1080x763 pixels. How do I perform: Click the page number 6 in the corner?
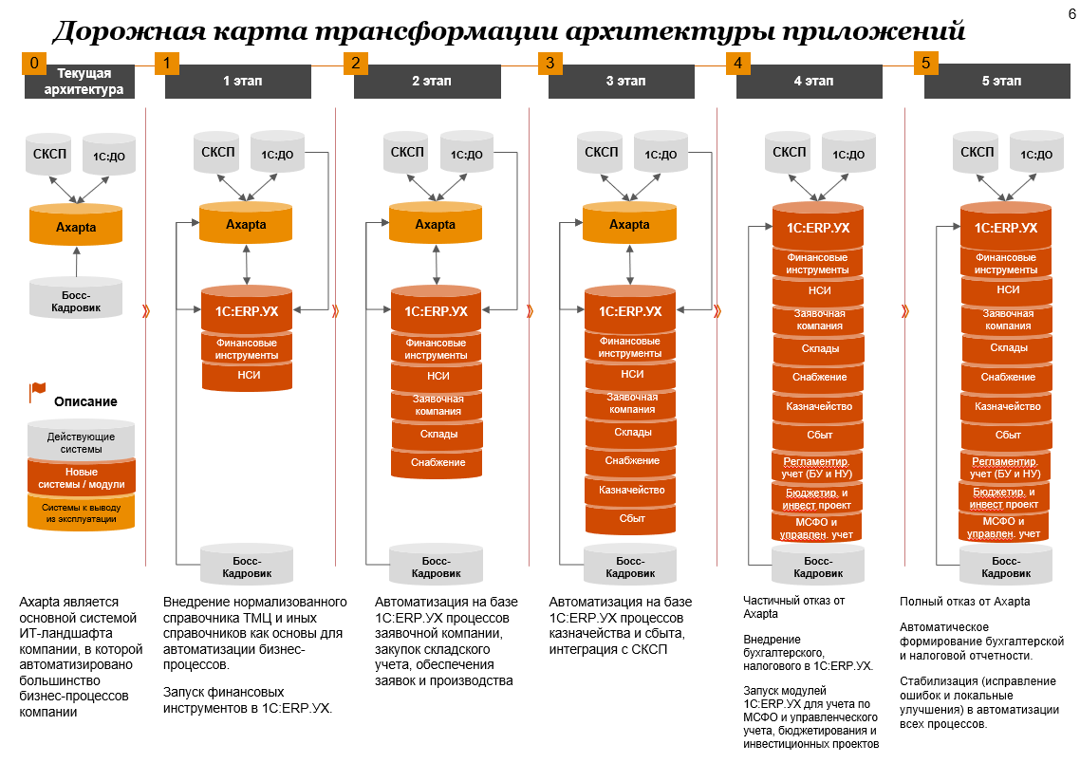click(x=1059, y=14)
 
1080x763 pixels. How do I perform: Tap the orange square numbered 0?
click(x=35, y=64)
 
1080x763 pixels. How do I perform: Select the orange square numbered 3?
click(x=549, y=64)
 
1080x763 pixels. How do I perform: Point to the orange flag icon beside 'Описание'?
click(x=38, y=391)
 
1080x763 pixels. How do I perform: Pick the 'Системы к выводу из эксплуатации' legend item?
click(x=82, y=512)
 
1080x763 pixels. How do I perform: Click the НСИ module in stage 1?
click(x=247, y=376)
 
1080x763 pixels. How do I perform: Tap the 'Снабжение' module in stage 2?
click(x=437, y=462)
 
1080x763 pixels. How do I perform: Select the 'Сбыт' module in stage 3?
click(x=631, y=518)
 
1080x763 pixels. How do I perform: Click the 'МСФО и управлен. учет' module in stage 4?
click(x=817, y=529)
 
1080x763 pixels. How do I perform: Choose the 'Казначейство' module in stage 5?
click(x=1006, y=406)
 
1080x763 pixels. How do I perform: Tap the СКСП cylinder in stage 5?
click(x=978, y=152)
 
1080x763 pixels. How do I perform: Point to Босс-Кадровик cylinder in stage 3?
click(x=630, y=568)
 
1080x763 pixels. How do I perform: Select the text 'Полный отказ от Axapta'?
click(x=964, y=602)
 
